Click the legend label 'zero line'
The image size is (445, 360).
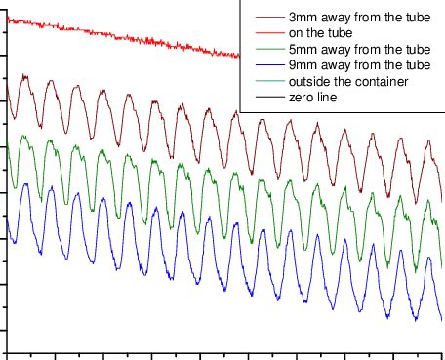(x=315, y=97)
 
